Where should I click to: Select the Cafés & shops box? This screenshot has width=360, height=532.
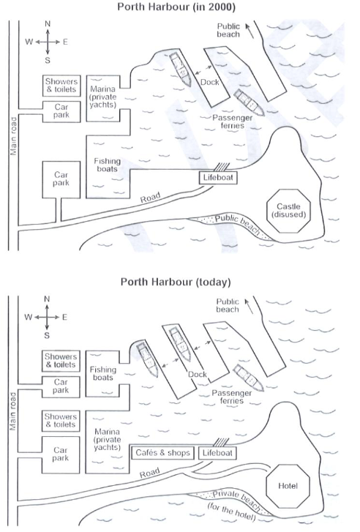tap(163, 453)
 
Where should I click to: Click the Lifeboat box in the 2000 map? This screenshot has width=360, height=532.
tap(218, 177)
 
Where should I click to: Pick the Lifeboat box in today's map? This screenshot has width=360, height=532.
tap(217, 453)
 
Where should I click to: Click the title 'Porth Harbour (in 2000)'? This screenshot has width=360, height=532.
tap(176, 7)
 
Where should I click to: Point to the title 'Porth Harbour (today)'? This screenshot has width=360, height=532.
tap(176, 282)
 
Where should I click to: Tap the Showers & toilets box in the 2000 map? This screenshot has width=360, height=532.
tap(61, 86)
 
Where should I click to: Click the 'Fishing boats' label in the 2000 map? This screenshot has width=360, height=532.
tap(108, 165)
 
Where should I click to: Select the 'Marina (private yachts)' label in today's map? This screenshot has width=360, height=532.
tap(108, 440)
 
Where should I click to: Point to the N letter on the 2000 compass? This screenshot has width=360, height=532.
tap(48, 23)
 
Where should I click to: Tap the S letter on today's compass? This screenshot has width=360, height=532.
tap(47, 336)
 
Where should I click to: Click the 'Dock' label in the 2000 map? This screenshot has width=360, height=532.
tap(210, 82)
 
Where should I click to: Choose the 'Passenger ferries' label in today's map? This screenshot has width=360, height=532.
tap(232, 397)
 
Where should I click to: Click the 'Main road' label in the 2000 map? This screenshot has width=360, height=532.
tap(13, 136)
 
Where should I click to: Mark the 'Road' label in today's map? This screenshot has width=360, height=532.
tap(149, 473)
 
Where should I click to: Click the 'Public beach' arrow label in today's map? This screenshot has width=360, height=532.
tap(228, 305)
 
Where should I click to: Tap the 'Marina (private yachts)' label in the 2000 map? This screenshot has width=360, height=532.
tap(103, 97)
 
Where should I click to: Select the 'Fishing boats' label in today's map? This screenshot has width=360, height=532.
tap(103, 373)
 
